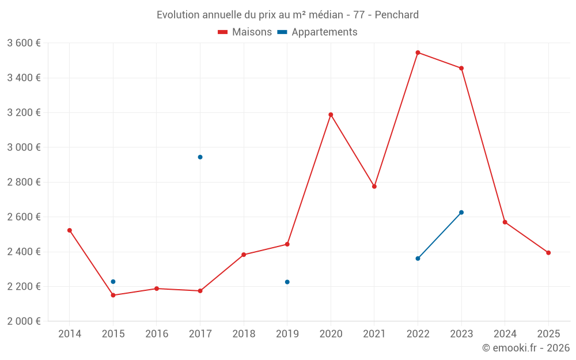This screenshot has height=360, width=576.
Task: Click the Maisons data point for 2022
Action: tap(418, 52)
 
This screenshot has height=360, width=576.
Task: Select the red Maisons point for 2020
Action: tap(331, 115)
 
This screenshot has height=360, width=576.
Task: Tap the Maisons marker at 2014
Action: tap(70, 230)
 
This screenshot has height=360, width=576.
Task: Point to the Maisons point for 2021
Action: tap(374, 187)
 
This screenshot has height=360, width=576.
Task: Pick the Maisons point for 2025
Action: tap(548, 253)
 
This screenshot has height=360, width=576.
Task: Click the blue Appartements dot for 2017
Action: tap(200, 157)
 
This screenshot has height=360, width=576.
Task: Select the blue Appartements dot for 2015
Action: tap(113, 282)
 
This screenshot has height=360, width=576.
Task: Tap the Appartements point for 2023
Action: tap(461, 213)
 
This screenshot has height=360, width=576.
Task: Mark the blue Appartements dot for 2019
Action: tap(287, 282)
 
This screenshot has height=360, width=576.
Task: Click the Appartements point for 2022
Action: tap(418, 259)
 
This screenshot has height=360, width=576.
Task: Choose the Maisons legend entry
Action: tap(245, 32)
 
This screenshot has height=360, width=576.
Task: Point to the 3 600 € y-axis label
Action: tap(24, 43)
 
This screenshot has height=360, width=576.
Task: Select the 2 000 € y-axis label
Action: tap(24, 321)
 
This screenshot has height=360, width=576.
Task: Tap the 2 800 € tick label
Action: tap(24, 182)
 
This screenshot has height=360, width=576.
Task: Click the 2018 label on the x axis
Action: tap(244, 334)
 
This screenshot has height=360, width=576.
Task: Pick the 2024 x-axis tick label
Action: tap(505, 334)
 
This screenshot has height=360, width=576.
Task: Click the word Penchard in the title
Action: tap(397, 14)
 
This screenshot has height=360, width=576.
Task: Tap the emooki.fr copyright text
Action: tap(526, 348)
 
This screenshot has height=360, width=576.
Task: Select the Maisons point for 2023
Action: tap(461, 69)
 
